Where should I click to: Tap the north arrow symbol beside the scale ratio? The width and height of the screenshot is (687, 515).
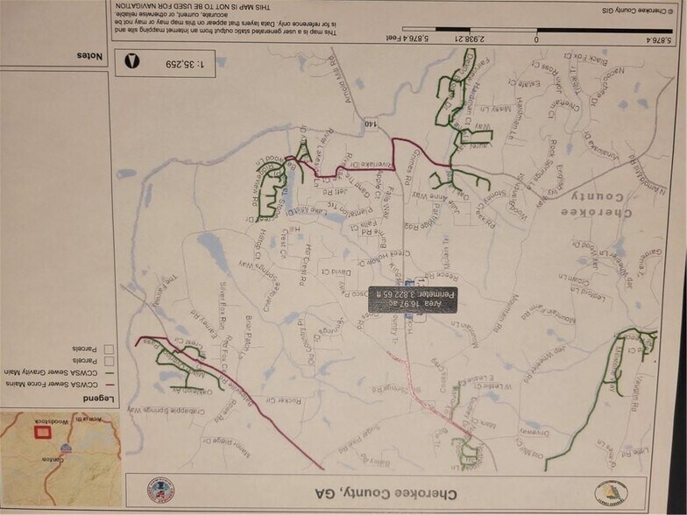point(133,61)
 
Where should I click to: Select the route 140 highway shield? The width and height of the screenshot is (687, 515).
point(372,124)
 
